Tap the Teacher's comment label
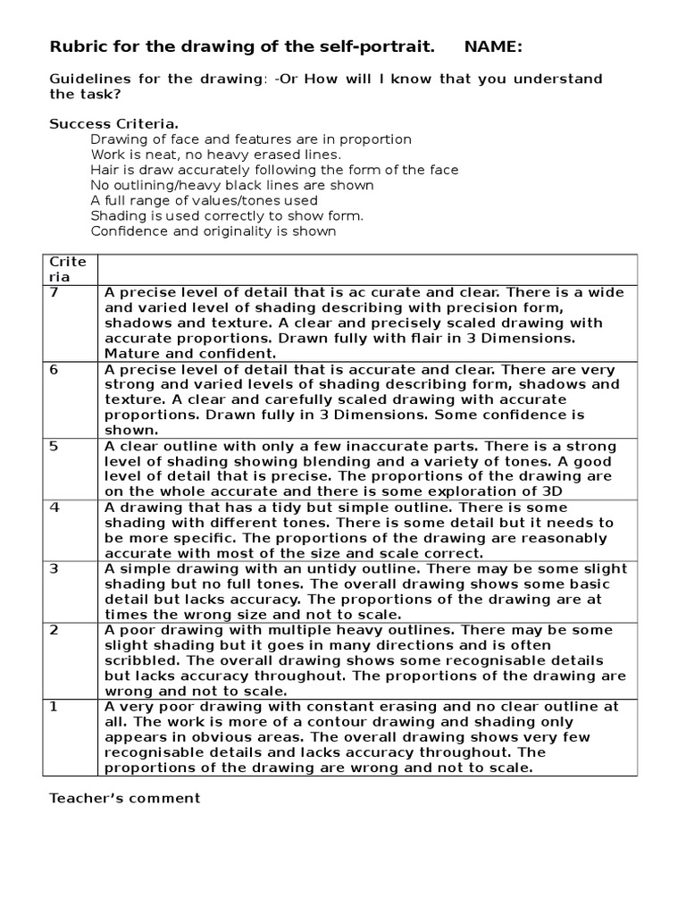(125, 798)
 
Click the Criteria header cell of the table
(68, 269)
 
